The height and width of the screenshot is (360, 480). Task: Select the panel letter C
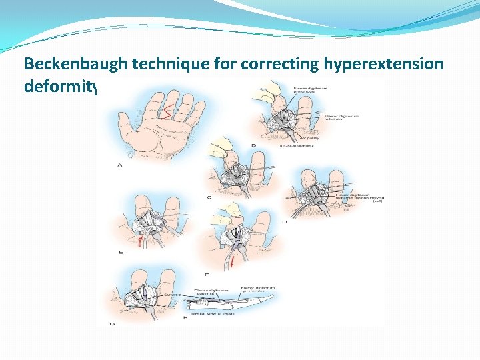(x=209, y=197)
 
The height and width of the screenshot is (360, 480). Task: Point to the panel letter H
(x=185, y=319)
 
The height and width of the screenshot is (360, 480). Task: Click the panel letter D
(x=284, y=222)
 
